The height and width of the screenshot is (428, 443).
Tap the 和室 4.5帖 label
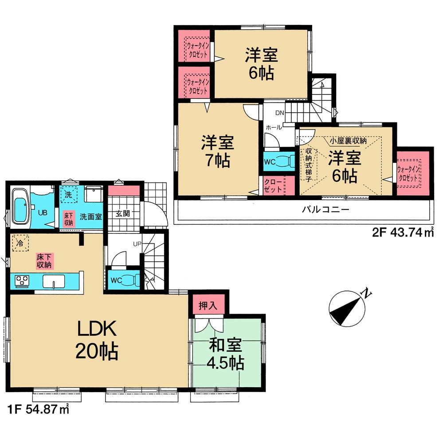(225, 354)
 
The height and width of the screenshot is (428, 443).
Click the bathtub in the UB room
(21, 207)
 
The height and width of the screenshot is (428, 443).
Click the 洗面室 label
(91, 216)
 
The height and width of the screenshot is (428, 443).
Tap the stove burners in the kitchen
(22, 281)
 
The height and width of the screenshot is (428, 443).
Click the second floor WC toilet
(284, 161)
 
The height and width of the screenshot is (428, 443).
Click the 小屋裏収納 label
(348, 141)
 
